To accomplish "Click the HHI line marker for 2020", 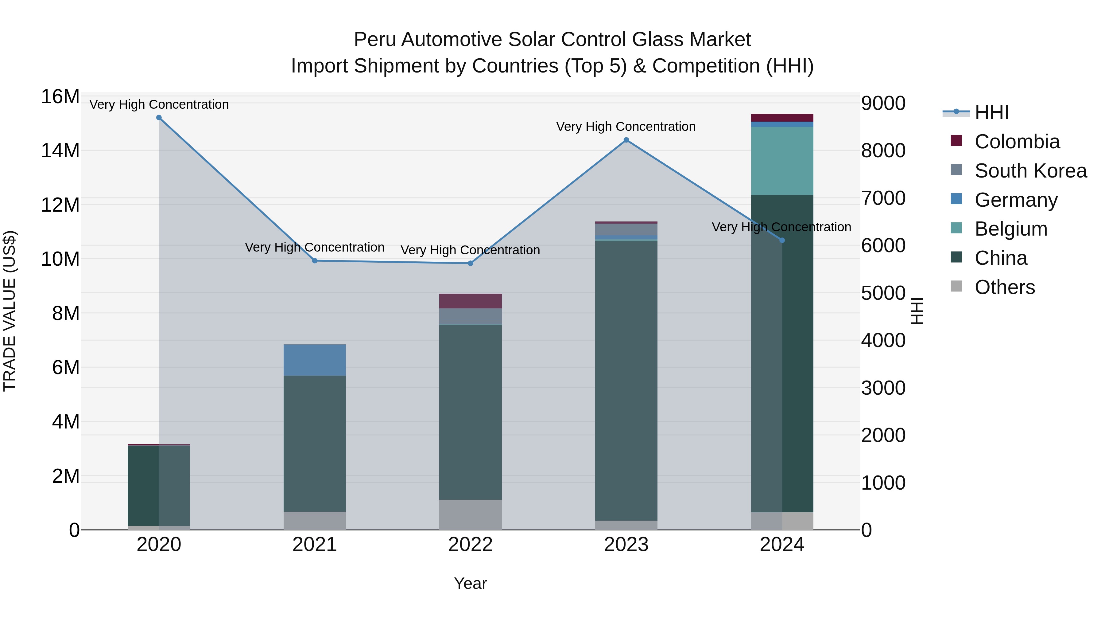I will click(159, 118).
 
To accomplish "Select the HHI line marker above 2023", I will click(626, 140).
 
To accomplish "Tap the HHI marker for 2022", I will click(470, 263).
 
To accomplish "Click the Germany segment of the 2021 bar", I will click(314, 360).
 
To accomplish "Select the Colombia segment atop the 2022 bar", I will click(470, 301).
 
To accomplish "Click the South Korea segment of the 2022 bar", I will click(470, 316).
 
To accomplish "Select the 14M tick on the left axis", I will click(60, 151).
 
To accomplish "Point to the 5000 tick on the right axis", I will click(883, 293).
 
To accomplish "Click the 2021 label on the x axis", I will click(314, 545).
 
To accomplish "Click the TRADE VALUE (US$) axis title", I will click(10, 311).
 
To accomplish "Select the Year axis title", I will click(470, 583).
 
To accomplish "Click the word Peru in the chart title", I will click(374, 40).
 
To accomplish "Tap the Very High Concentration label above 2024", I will click(781, 227).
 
